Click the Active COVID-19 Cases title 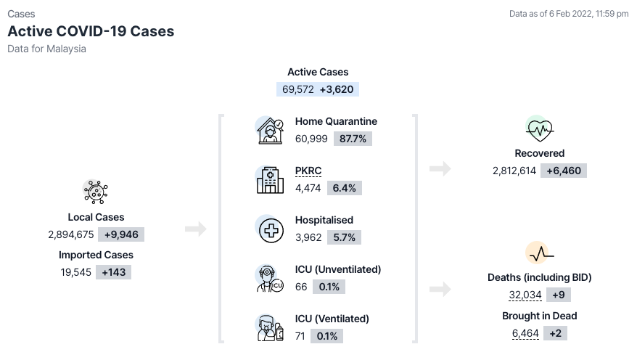pos(91,31)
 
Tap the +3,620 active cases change pos(337,89)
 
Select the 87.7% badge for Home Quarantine pos(353,139)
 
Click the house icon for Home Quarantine pos(270,131)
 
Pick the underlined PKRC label pos(308,171)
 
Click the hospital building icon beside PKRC pos(270,180)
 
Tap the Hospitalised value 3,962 pos(308,237)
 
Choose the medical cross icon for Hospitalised pos(271,230)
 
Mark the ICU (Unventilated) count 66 pos(301,287)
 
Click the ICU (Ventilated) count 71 pos(300,337)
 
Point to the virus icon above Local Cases pos(96,192)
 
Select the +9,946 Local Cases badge pos(121,235)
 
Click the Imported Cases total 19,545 pos(76,272)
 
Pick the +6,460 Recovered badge pos(564,171)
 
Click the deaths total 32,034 pos(525,295)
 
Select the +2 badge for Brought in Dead pos(555,334)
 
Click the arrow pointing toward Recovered pos(440,168)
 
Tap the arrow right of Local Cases pos(196,229)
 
